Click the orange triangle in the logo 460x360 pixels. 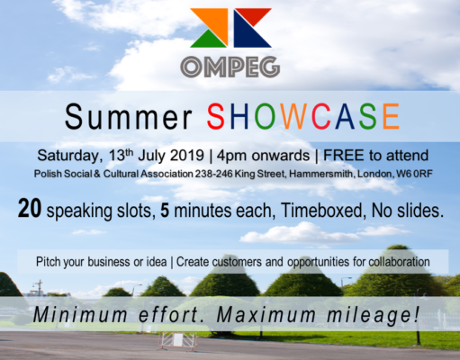(215, 21)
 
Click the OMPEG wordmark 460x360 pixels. (230, 67)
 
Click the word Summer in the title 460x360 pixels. (129, 117)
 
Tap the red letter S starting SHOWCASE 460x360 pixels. (215, 116)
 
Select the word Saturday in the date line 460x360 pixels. (68, 156)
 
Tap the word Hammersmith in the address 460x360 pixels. (321, 174)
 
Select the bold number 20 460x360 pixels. (30, 208)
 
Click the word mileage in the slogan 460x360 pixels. (373, 315)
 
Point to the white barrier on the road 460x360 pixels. (178, 341)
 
